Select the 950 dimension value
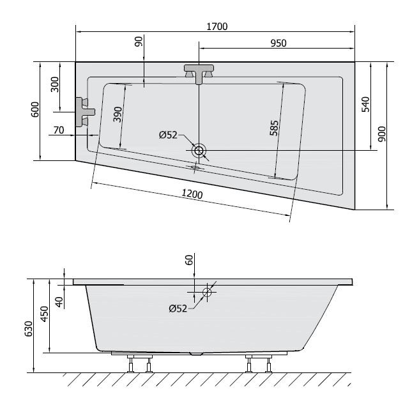tap(277, 43)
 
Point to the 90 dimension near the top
tap(139, 43)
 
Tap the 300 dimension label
tap(55, 84)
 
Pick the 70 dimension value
tap(59, 130)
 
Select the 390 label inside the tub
tap(118, 114)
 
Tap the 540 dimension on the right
tap(365, 105)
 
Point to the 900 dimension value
tap(382, 134)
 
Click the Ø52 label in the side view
tap(178, 309)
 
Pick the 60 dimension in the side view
tap(188, 260)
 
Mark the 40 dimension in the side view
tap(59, 302)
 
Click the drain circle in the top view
tap(199, 151)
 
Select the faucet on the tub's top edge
tap(199, 72)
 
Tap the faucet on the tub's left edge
tap(83, 113)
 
